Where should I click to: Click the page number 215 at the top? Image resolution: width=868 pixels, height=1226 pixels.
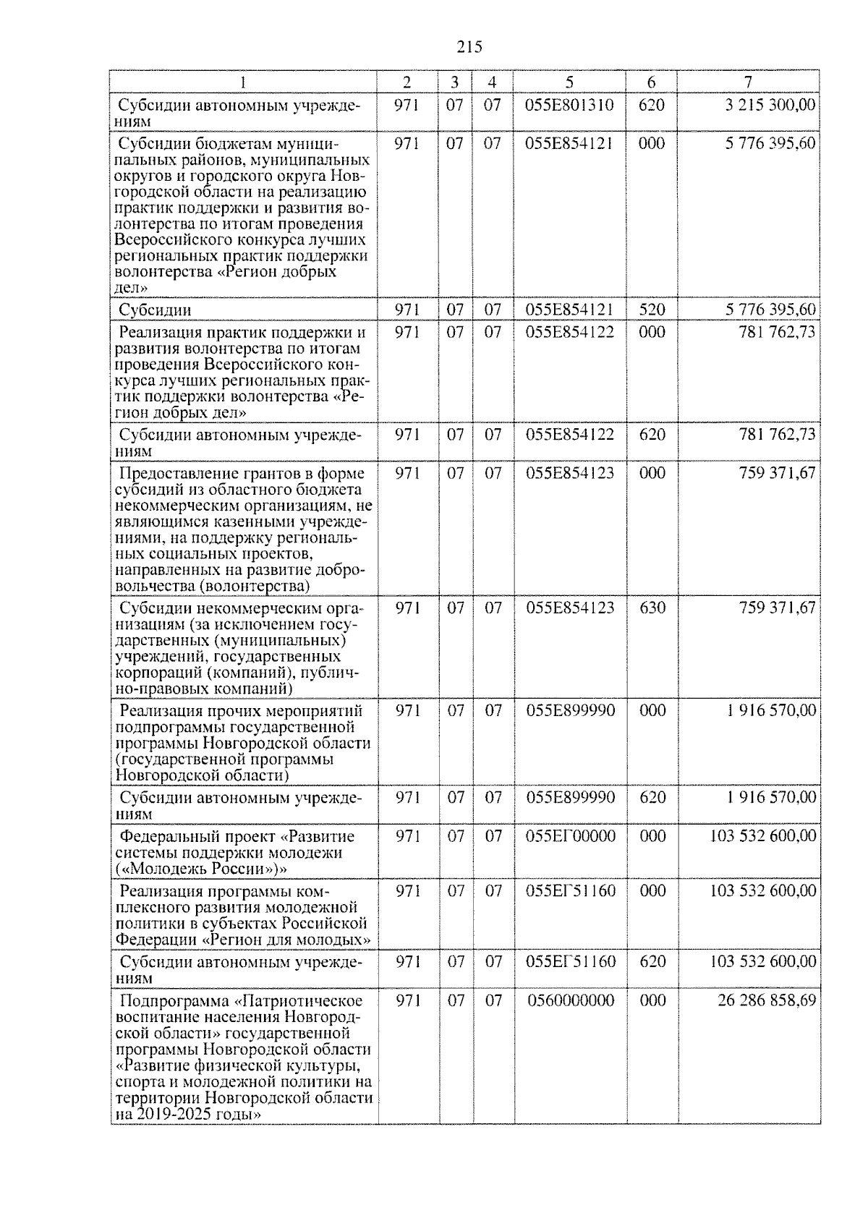pos(469,48)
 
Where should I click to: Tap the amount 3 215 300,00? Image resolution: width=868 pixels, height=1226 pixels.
pos(770,105)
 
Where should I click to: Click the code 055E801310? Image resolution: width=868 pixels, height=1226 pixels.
pos(570,105)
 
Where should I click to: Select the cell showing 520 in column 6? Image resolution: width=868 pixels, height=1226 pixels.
pos(652,310)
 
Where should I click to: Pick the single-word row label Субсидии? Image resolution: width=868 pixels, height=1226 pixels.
pos(155,310)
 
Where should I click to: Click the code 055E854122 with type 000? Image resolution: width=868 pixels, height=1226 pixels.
pos(570,332)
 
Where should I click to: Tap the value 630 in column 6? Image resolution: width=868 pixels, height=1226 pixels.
pos(652,608)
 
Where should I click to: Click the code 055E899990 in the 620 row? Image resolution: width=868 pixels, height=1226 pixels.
pos(570,798)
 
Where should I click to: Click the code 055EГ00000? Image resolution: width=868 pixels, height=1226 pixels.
pos(571,837)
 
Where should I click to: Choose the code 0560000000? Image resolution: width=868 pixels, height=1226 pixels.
pos(571,1001)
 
